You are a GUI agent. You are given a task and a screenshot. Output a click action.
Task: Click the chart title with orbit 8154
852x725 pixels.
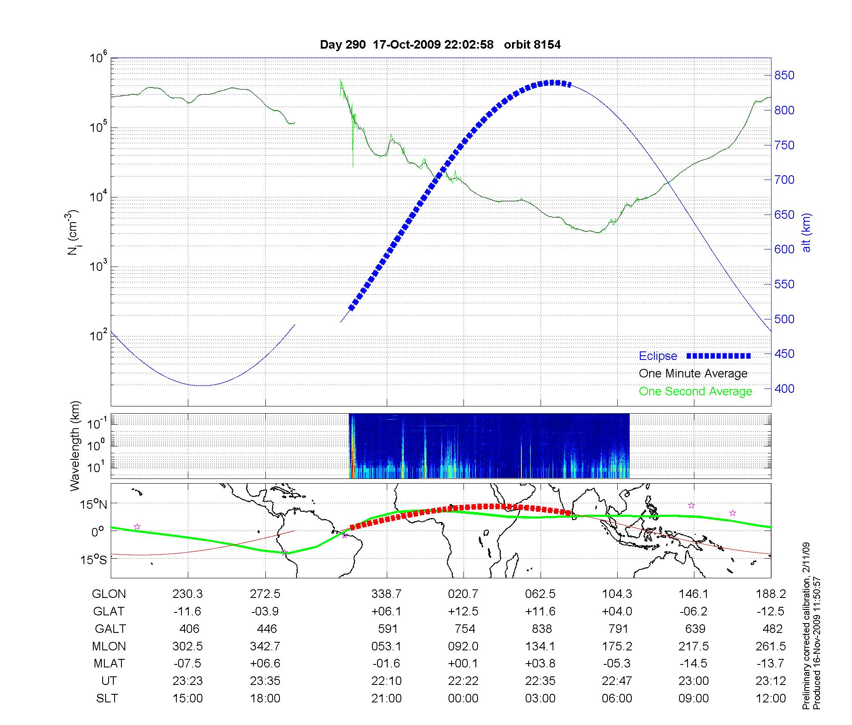[x=440, y=44]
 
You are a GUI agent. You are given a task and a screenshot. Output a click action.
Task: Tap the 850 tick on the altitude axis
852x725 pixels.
[x=784, y=75]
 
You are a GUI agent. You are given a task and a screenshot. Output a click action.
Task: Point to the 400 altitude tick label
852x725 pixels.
[x=784, y=389]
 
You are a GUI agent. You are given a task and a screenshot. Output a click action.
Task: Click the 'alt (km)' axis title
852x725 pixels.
[x=806, y=232]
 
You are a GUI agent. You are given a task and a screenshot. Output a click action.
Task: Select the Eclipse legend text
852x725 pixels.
[x=658, y=356]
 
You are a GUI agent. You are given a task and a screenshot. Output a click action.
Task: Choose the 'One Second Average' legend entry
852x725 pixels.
[x=695, y=391]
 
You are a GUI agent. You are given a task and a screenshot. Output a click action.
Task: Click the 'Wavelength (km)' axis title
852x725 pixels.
[x=75, y=446]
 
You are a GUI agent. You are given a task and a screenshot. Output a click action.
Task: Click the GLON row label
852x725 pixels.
[x=109, y=594]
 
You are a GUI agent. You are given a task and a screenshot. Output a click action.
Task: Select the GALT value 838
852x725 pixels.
[x=542, y=629]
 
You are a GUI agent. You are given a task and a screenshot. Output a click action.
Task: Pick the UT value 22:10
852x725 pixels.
[x=386, y=681]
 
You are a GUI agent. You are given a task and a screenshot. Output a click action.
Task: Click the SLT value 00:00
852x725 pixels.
[x=463, y=698]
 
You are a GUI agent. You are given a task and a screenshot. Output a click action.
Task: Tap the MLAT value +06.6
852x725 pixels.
[x=265, y=663]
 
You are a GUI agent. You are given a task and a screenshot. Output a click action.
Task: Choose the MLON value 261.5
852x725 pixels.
[x=771, y=646]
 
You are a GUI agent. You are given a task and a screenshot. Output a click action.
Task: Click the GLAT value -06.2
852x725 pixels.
[x=694, y=611]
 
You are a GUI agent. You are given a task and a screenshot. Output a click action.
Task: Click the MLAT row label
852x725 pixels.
[x=109, y=663]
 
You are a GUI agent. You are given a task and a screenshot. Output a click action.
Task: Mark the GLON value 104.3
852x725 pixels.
[x=617, y=594]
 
